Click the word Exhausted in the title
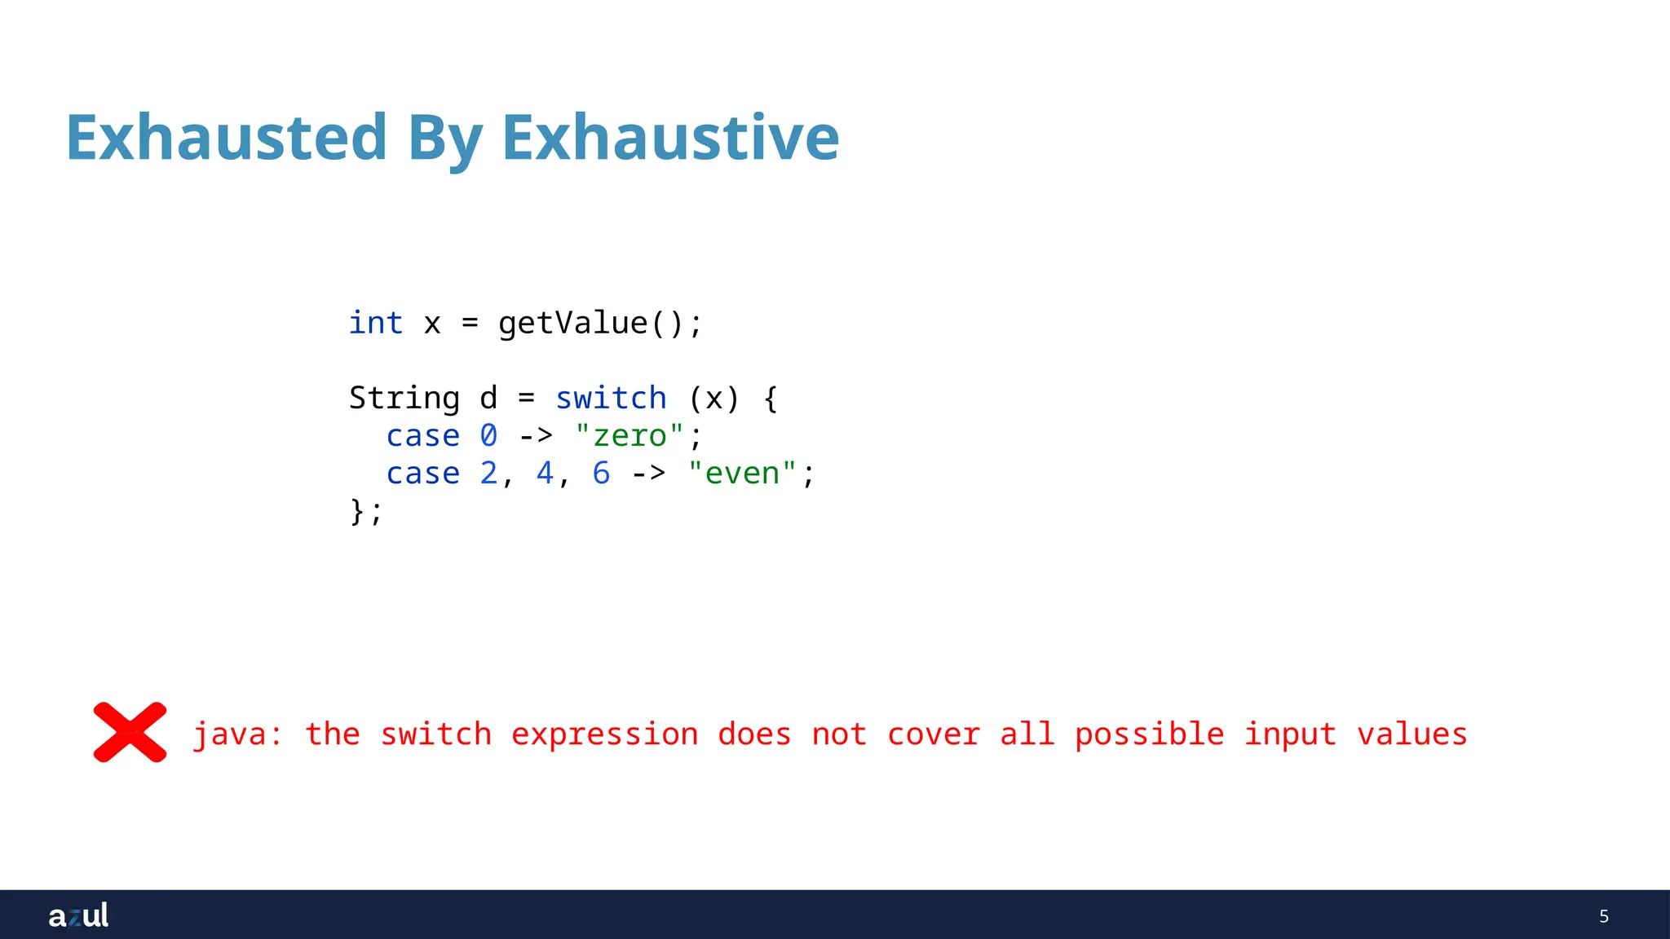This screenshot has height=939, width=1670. click(226, 137)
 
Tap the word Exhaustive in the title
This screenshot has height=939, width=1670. click(670, 137)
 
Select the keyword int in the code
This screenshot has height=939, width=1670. click(376, 323)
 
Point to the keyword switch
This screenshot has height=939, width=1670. click(611, 399)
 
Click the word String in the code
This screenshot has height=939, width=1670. click(404, 399)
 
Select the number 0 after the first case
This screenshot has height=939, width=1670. click(488, 436)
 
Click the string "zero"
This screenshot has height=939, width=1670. click(630, 436)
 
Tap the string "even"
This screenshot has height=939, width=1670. click(742, 474)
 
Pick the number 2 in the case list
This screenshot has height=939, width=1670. click(488, 474)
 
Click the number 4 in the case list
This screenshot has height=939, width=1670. click(545, 474)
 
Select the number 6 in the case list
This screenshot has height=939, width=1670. click(601, 474)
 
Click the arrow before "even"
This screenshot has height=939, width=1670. click(648, 474)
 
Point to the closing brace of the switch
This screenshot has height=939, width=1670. click(357, 512)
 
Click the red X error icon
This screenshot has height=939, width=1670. click(130, 732)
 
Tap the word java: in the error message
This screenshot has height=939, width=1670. click(237, 735)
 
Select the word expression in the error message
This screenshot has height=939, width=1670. click(604, 735)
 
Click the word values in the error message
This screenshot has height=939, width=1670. click(1412, 734)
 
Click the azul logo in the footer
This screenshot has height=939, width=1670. click(78, 915)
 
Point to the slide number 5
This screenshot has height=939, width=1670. click(1603, 916)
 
